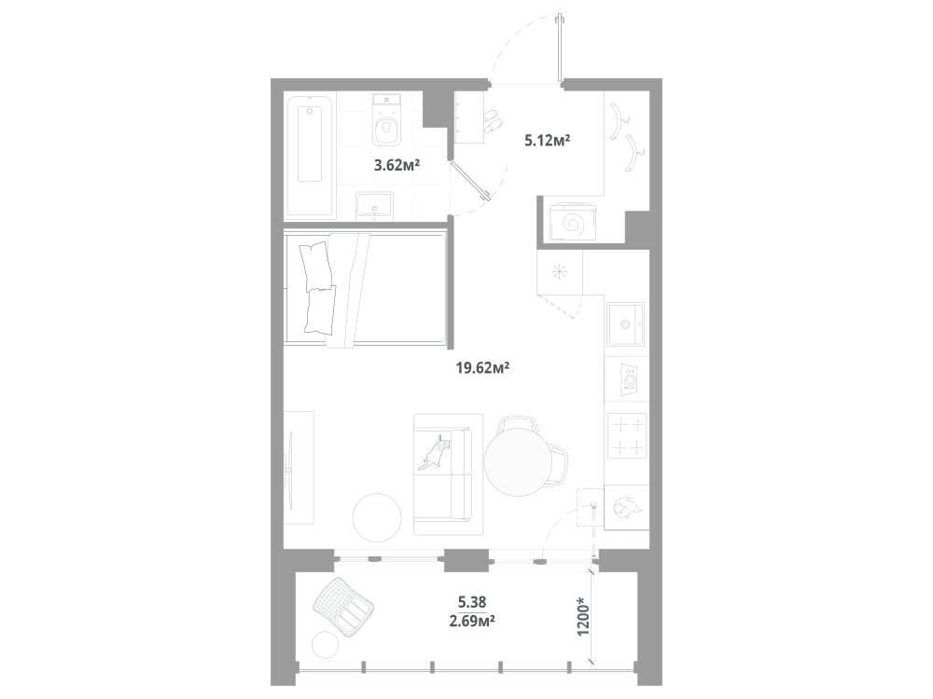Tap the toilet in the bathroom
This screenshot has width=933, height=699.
click(x=385, y=125)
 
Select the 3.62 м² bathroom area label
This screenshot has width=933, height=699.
click(x=397, y=166)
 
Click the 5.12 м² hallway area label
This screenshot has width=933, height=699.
click(x=547, y=141)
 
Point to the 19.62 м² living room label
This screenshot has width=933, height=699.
click(x=481, y=368)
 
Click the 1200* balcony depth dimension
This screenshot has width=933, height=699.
click(x=583, y=617)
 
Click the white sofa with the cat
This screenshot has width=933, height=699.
click(x=448, y=474)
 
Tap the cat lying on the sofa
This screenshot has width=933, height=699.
click(x=437, y=450)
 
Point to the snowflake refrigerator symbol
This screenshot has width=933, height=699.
click(x=560, y=272)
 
